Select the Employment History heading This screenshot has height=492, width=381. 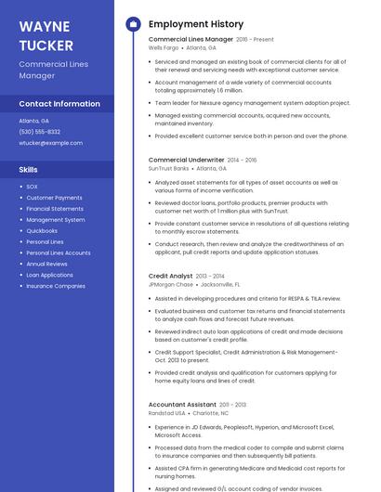[196, 24]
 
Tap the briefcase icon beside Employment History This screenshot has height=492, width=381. [132, 24]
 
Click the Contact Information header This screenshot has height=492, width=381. [59, 104]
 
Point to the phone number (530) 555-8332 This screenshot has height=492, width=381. [40, 132]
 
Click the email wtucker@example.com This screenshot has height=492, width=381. [51, 143]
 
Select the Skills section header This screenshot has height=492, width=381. [29, 170]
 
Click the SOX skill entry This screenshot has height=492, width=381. [32, 187]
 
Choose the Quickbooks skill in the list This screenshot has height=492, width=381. [42, 231]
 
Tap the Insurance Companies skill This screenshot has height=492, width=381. [56, 286]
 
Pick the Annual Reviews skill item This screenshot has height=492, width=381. [47, 264]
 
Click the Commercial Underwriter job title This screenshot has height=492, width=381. [186, 160]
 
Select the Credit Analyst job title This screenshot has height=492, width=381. [171, 276]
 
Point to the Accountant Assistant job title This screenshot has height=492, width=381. [183, 405]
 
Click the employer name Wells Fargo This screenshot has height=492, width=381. [164, 47]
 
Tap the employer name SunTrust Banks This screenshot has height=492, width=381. [169, 168]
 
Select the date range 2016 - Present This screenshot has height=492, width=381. [255, 40]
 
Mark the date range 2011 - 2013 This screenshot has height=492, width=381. [233, 405]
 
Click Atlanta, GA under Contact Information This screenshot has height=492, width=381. [34, 121]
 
